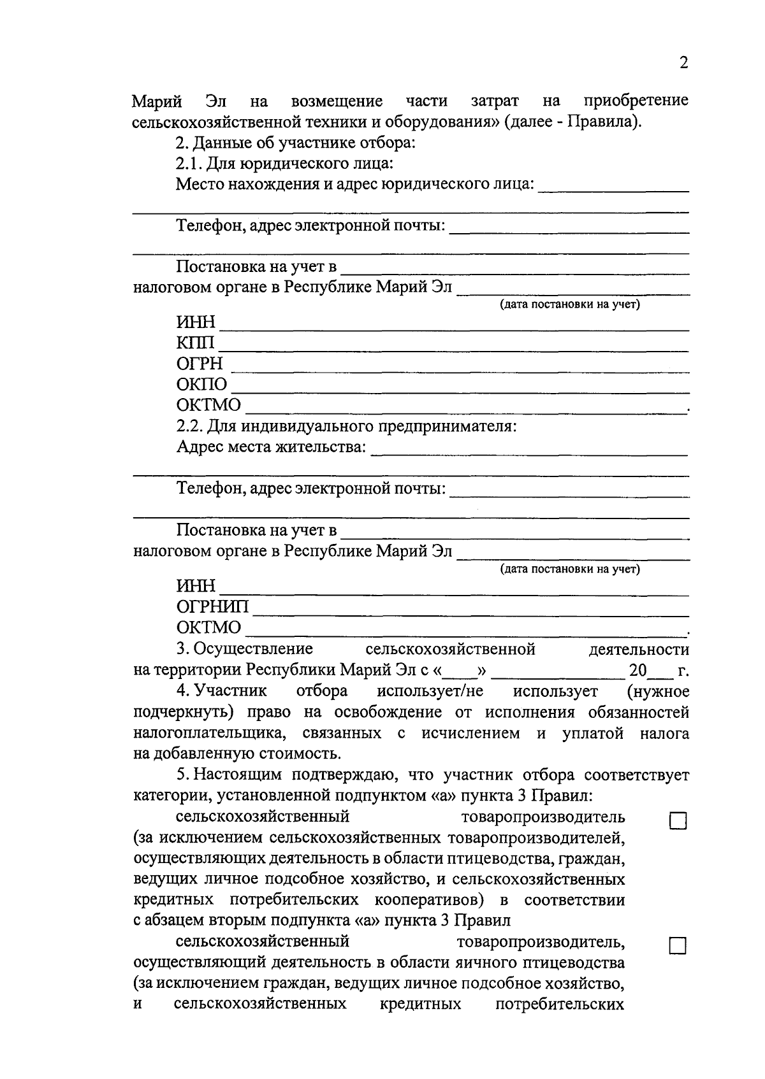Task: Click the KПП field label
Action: pyautogui.click(x=196, y=343)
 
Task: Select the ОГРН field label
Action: pyautogui.click(x=200, y=364)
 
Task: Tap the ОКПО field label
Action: pyautogui.click(x=201, y=385)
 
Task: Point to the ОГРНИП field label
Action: pyautogui.click(x=213, y=606)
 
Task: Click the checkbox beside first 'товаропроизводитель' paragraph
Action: pyautogui.click(x=677, y=822)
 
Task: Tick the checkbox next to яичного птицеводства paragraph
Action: pyautogui.click(x=677, y=946)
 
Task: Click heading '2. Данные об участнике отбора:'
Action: pyautogui.click(x=296, y=142)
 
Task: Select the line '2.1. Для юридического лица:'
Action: pyautogui.click(x=284, y=163)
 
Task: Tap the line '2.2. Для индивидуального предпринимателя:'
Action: pyautogui.click(x=346, y=425)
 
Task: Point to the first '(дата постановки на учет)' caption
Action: pyautogui.click(x=570, y=304)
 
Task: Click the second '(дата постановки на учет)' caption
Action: pyautogui.click(x=570, y=569)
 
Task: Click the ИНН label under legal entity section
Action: pyautogui.click(x=196, y=322)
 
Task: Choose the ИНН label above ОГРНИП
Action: pyautogui.click(x=196, y=585)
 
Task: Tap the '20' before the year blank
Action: pyautogui.click(x=637, y=670)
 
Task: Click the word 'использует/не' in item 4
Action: pyautogui.click(x=430, y=691)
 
